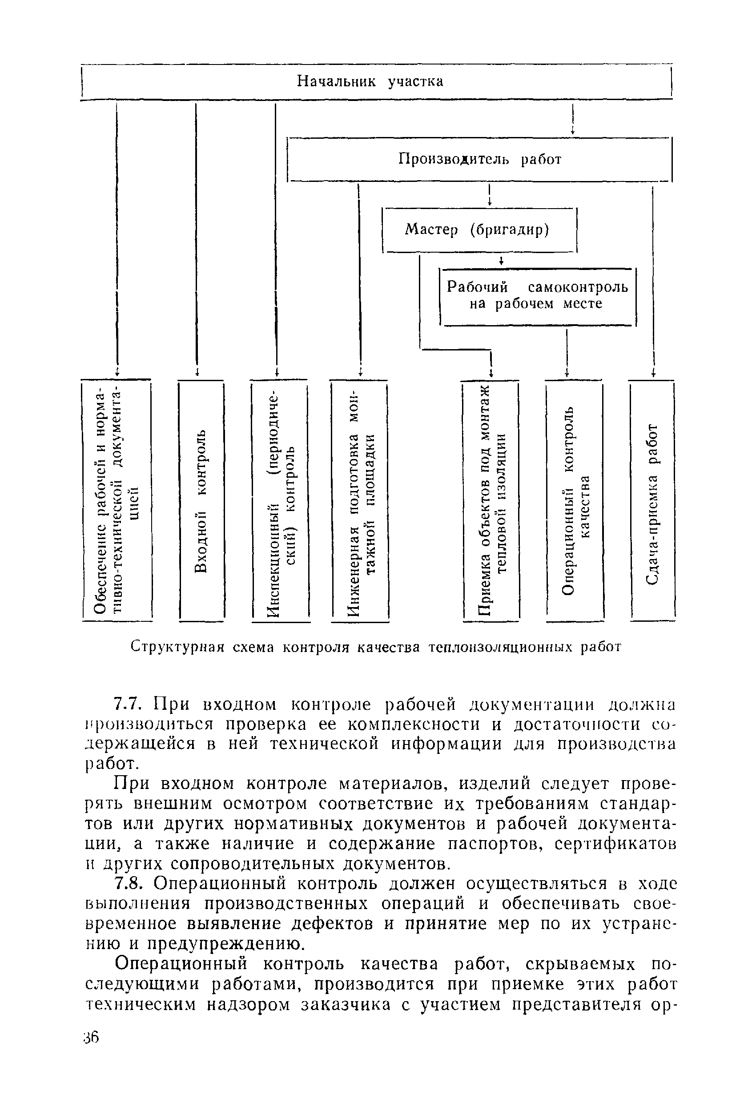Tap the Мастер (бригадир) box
click(x=479, y=230)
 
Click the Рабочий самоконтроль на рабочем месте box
click(x=538, y=296)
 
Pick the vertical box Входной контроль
click(x=201, y=500)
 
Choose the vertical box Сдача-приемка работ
click(x=652, y=500)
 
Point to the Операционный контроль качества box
click(x=574, y=500)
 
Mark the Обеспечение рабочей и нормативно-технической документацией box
click(x=117, y=500)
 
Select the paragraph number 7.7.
click(x=128, y=706)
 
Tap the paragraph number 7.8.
click(x=128, y=884)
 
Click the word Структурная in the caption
click(x=177, y=647)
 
